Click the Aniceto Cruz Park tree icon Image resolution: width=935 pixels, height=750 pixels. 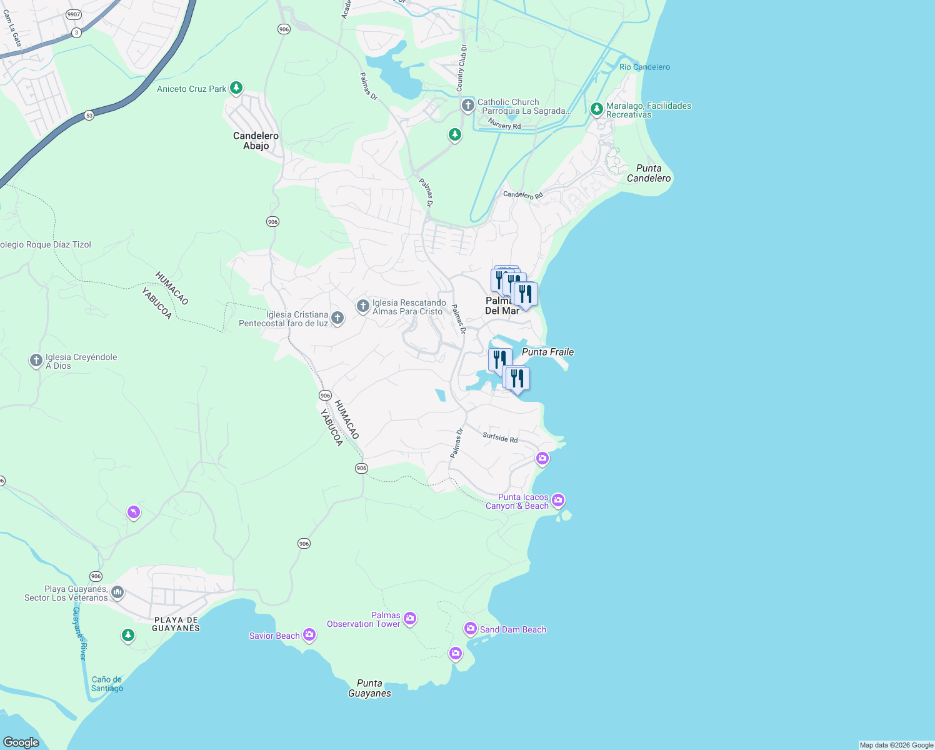(x=236, y=88)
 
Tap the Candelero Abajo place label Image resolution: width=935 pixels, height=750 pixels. (x=256, y=141)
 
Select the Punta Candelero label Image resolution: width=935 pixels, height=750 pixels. (x=649, y=173)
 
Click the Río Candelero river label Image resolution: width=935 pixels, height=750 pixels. (x=644, y=67)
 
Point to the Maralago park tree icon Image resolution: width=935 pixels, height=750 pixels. (x=596, y=109)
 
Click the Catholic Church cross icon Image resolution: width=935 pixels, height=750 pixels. (x=467, y=105)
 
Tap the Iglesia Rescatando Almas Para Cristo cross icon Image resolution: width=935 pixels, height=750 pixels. (x=362, y=306)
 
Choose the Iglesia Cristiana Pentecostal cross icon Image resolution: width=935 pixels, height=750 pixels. (x=337, y=318)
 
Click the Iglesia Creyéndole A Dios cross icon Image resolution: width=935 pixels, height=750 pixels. (x=36, y=361)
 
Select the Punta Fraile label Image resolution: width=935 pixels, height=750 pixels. (x=547, y=352)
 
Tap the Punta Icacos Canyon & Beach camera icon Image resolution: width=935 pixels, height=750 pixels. (x=558, y=500)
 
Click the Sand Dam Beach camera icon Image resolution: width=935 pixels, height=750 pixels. (x=471, y=628)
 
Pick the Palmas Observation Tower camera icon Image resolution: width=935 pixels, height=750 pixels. (x=410, y=619)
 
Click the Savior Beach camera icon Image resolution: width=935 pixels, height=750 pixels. (x=309, y=635)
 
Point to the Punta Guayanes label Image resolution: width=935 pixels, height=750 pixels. (x=369, y=688)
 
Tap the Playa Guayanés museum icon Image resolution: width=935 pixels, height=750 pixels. (x=117, y=592)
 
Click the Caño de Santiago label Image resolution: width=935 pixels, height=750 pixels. (x=107, y=684)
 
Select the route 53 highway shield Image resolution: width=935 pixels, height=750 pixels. (x=89, y=116)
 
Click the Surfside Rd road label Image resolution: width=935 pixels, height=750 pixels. (x=500, y=437)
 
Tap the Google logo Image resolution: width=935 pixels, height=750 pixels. (x=21, y=742)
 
